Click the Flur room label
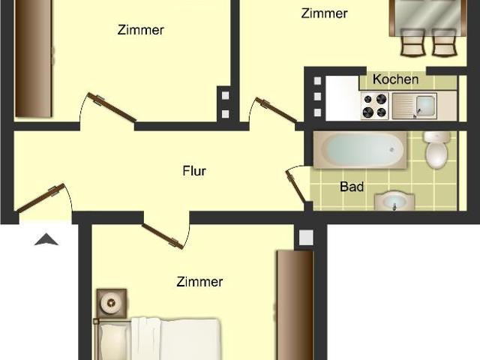194,171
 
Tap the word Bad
352,186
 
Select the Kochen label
395,79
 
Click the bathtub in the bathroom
359,150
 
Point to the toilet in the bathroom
435,150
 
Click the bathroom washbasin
393,201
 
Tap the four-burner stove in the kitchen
373,106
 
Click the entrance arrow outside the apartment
46,240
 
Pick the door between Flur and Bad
297,187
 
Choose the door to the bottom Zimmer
162,235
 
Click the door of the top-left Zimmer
110,107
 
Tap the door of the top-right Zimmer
276,109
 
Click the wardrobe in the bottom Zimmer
294,304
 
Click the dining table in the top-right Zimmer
426,15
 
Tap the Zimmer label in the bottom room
199,282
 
